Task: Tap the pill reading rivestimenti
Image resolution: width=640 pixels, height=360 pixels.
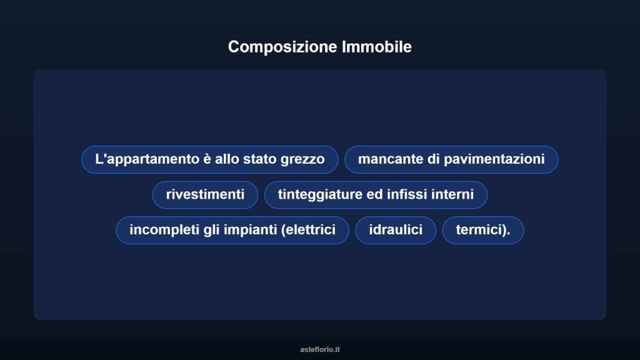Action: tap(205, 194)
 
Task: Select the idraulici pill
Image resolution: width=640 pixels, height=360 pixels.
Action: tap(396, 230)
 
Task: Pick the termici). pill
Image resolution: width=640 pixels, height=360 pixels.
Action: tap(482, 230)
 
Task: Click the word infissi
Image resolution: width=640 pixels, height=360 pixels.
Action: tap(407, 194)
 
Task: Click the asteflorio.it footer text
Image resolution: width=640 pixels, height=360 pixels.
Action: tap(320, 349)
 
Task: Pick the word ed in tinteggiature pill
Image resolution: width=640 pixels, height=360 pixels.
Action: tap(374, 194)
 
